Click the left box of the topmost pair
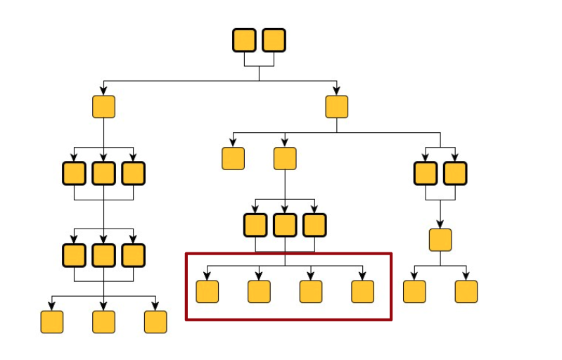[244, 40]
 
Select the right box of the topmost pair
[274, 40]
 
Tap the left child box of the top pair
[103, 107]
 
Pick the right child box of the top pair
[337, 107]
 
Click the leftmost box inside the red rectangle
[207, 291]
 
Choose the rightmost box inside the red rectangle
[362, 291]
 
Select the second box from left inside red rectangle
[259, 291]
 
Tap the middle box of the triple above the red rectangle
[285, 225]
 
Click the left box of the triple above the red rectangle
[255, 225]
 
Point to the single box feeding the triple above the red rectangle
[285, 158]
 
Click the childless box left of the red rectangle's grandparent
[233, 158]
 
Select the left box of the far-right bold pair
[426, 173]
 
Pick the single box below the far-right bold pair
[440, 240]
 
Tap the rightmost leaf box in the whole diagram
[466, 291]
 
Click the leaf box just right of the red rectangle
[414, 291]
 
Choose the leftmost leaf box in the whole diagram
[51, 321]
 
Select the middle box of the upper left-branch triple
[103, 173]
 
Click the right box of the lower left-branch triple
[133, 255]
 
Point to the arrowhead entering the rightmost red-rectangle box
[362, 276]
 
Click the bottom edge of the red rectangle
[288, 320]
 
